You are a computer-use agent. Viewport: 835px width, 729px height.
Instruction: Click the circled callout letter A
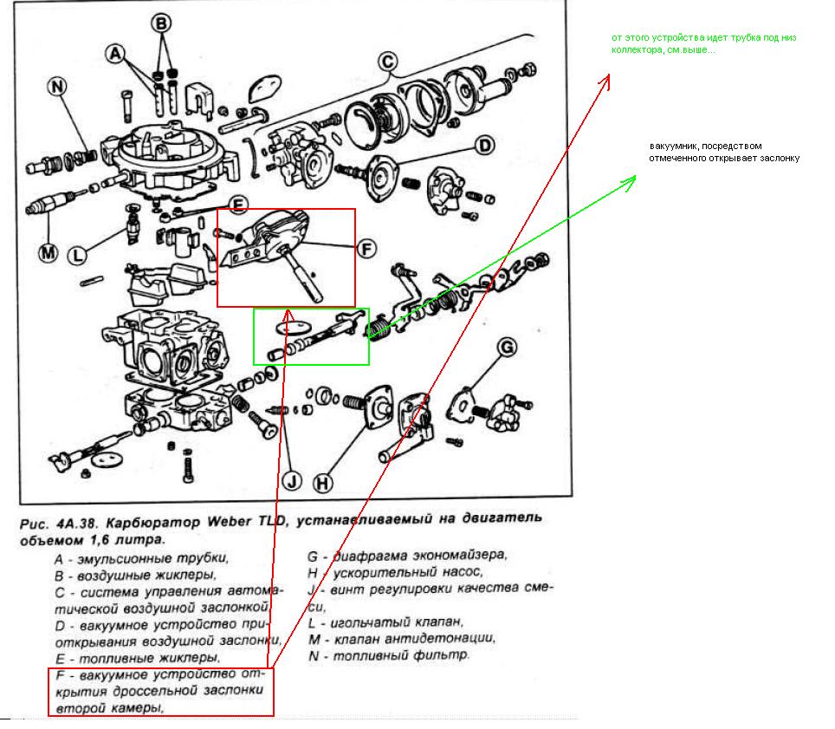114,54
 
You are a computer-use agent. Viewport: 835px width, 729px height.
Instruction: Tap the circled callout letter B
162,24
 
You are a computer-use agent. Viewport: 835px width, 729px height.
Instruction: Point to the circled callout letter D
484,145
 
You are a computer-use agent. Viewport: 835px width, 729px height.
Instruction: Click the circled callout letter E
238,205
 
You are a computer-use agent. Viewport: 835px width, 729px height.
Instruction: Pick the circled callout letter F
366,249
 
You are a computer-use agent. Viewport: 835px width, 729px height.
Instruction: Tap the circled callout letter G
507,348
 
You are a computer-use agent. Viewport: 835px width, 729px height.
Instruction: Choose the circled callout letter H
322,483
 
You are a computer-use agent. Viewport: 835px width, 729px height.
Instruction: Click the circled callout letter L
79,255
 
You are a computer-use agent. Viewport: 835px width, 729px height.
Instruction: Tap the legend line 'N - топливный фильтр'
389,655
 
